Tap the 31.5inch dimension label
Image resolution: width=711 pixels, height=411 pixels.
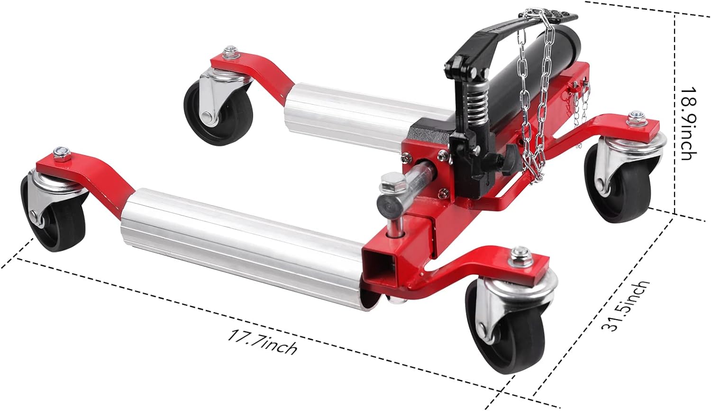click(625, 306)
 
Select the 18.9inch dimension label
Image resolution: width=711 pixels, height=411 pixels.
click(687, 123)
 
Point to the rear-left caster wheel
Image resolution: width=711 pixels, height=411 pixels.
click(219, 115)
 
